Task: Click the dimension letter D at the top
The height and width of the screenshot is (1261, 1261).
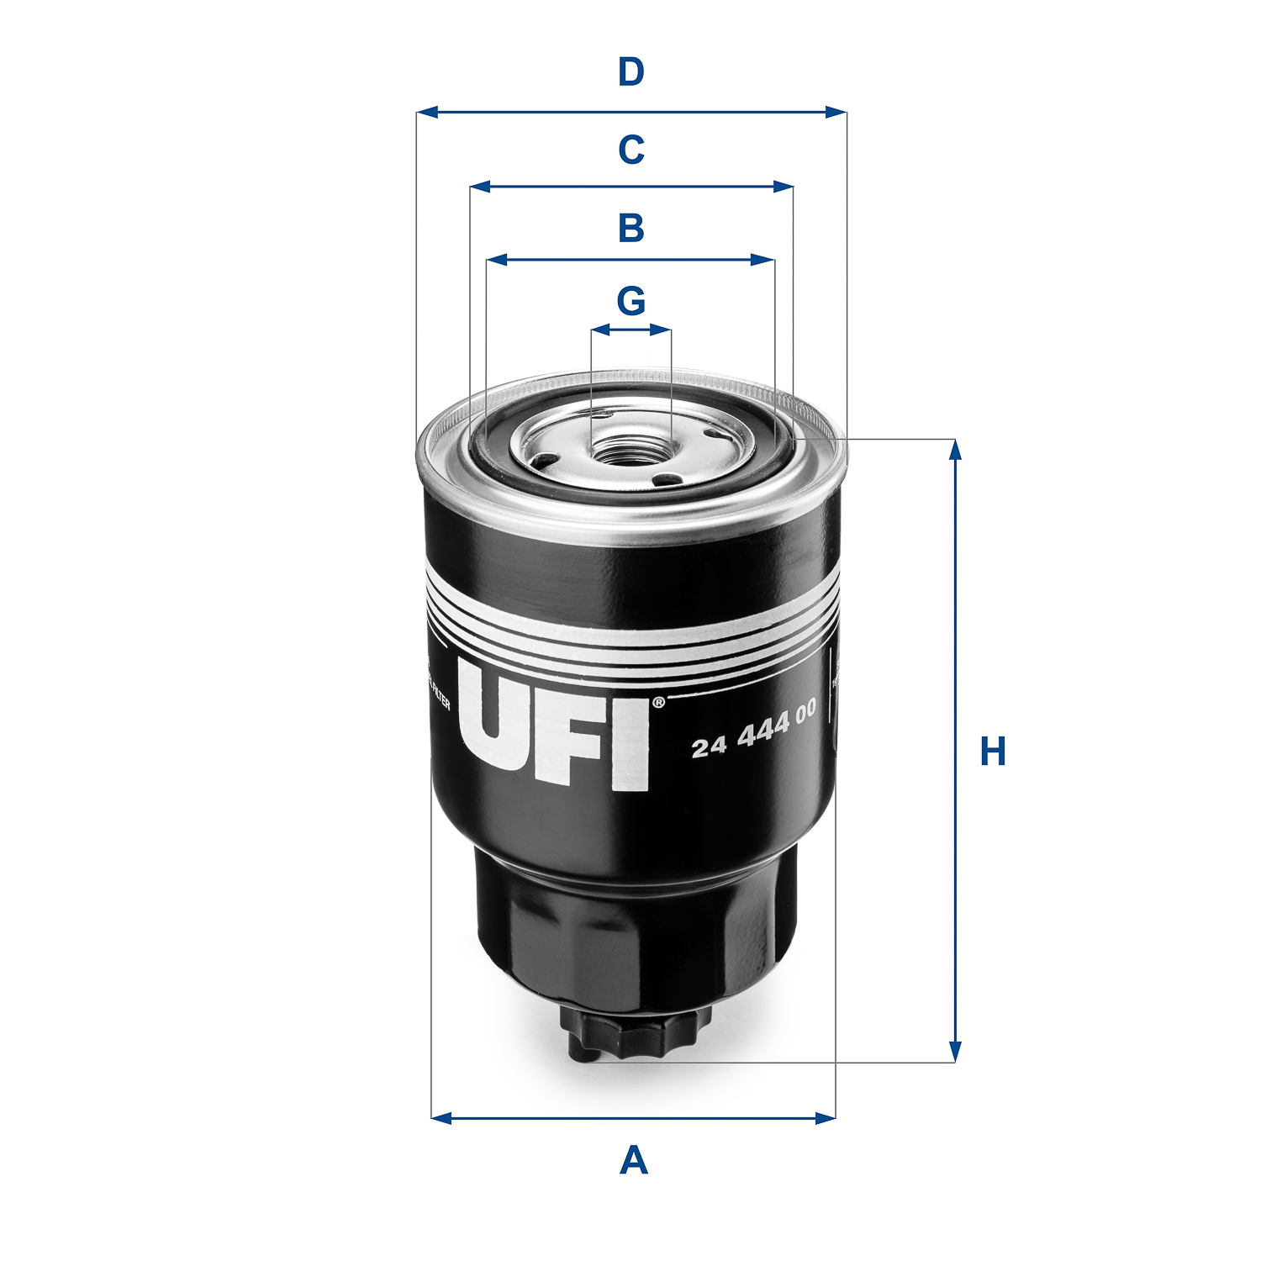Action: pyautogui.click(x=630, y=73)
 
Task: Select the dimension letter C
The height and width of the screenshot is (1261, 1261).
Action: pyautogui.click(x=630, y=150)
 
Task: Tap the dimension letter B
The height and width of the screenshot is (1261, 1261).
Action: pyautogui.click(x=630, y=228)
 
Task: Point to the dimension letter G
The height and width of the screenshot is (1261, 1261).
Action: pyautogui.click(x=630, y=301)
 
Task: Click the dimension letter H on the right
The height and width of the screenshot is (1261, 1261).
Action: pyautogui.click(x=993, y=752)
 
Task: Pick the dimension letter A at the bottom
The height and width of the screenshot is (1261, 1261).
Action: pyautogui.click(x=633, y=1161)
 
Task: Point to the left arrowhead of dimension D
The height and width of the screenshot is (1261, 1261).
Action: pyautogui.click(x=427, y=112)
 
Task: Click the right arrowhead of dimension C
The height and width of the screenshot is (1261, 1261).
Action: pyautogui.click(x=784, y=187)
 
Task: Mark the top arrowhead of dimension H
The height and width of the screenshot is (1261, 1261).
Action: pyautogui.click(x=955, y=450)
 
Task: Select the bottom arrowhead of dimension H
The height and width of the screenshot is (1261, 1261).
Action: pyautogui.click(x=955, y=1052)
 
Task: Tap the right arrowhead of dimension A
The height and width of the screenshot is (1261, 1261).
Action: pyautogui.click(x=826, y=1117)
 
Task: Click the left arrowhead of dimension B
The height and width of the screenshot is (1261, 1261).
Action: pyautogui.click(x=497, y=261)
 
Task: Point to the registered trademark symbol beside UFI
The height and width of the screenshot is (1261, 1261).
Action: pyautogui.click(x=658, y=702)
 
